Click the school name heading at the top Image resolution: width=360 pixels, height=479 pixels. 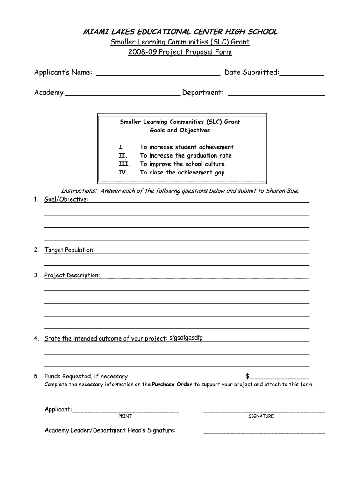(180, 32)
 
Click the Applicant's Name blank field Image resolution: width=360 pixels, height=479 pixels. (158, 73)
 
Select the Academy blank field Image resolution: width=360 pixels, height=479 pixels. (123, 93)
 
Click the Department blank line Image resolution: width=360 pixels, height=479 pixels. (276, 94)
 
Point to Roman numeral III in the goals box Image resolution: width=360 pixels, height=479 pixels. (123, 164)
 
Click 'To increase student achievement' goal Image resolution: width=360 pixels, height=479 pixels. (187, 147)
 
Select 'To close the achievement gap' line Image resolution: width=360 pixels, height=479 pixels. (182, 173)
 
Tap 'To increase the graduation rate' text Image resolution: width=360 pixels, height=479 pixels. (186, 156)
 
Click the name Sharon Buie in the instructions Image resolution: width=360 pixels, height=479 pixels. (282, 191)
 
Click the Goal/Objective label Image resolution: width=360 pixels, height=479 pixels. (66, 200)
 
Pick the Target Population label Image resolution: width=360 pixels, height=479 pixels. (69, 250)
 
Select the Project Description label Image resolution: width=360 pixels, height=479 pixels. (72, 276)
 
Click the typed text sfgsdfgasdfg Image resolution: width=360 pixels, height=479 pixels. (186, 338)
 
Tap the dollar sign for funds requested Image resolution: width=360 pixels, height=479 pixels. (247, 377)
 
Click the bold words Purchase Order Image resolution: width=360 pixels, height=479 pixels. (172, 385)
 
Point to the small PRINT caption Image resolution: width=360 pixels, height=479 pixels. (125, 416)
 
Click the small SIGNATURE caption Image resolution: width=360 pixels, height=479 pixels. (261, 416)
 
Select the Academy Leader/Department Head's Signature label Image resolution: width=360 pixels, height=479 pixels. (110, 430)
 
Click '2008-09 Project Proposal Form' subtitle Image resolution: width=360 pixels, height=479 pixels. (180, 52)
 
